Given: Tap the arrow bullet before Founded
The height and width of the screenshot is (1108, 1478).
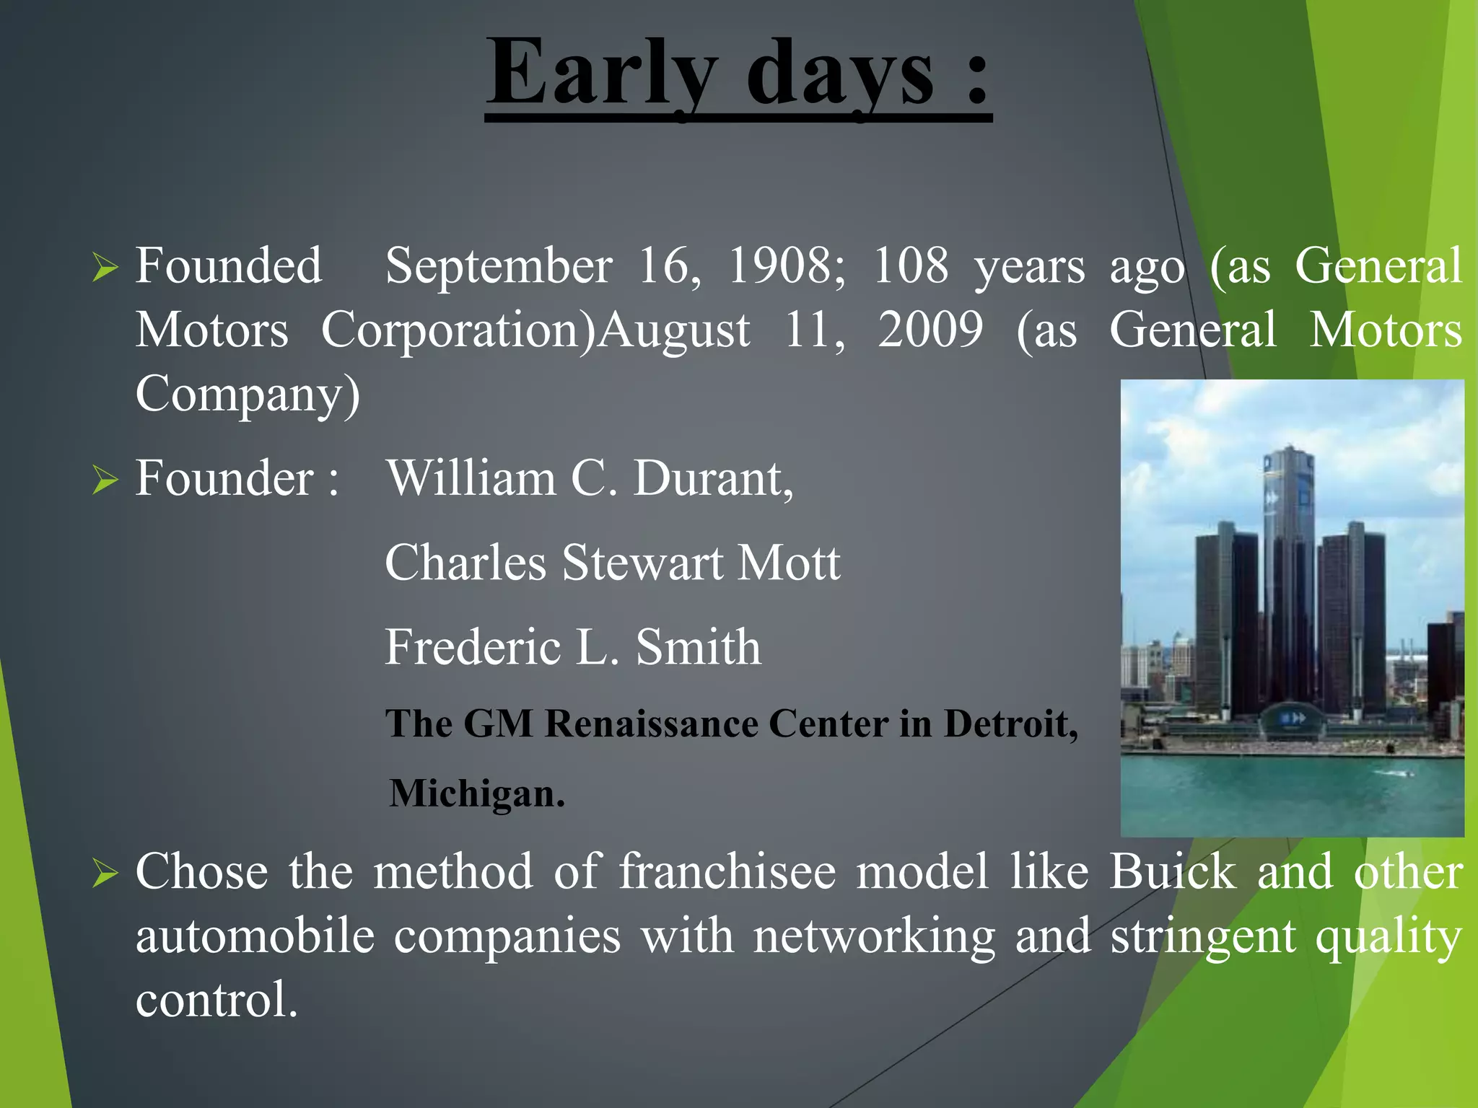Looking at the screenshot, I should point(105,268).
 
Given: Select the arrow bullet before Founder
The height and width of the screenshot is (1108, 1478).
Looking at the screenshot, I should point(105,480).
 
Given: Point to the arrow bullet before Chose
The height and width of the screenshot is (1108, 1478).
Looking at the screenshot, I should point(105,874).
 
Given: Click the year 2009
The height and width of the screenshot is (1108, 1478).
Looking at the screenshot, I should point(930,330).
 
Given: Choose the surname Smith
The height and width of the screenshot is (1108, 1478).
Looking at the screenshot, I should point(698,646).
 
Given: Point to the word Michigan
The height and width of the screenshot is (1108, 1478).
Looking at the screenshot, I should point(476,793).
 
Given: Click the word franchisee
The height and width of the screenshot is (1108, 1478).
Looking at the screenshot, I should point(727,871).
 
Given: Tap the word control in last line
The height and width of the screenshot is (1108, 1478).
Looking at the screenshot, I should point(217,1000).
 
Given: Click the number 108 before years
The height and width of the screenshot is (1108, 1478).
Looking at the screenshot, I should point(911,265).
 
